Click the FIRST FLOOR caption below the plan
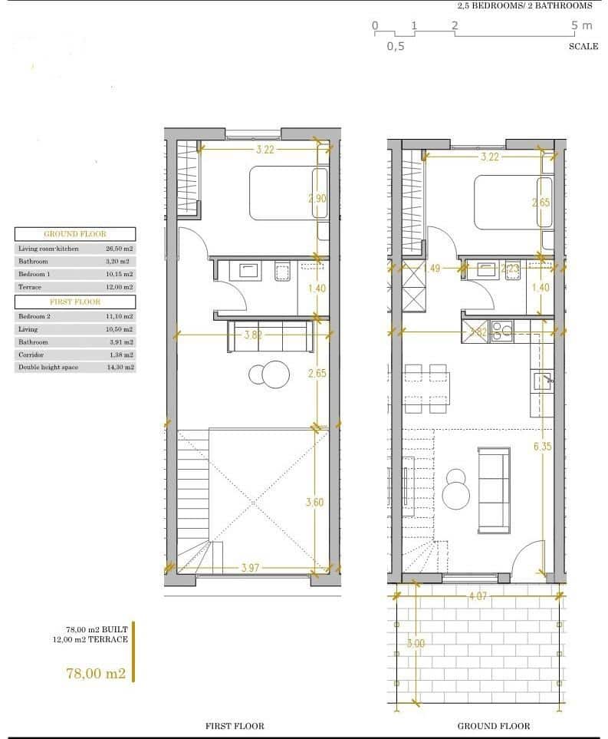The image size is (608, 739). tap(235, 726)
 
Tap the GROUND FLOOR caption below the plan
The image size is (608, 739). tap(494, 726)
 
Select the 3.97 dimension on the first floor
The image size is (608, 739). tap(251, 568)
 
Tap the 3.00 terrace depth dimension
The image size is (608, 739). tap(415, 644)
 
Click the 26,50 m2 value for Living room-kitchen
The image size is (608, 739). tap(120, 249)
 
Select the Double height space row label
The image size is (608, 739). tap(49, 368)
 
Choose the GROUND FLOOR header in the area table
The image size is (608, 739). tap(75, 234)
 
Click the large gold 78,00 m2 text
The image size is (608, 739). tap(96, 674)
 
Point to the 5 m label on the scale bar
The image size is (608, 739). tap(582, 25)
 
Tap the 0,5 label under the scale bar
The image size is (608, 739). tap(395, 46)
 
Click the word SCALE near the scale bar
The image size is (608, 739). tap(583, 46)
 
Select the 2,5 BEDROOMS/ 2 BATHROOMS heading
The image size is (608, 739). tap(524, 5)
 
